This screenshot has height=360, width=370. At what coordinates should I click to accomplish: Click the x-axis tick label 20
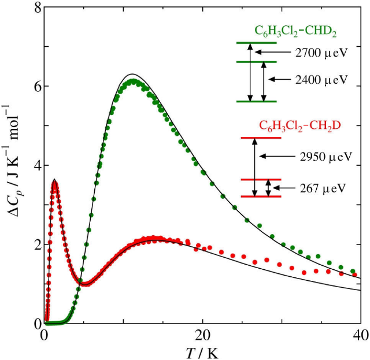point(202,336)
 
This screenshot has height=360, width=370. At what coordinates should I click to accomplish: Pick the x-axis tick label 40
point(360,336)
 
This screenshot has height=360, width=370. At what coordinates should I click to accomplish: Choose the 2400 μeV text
point(320,79)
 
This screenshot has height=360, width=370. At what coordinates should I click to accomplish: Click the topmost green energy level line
point(257,43)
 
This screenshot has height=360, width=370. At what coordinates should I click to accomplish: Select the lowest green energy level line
point(257,101)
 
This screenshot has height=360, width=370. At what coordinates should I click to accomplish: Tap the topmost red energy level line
point(260,138)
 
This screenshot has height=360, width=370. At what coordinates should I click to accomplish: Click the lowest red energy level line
point(260,197)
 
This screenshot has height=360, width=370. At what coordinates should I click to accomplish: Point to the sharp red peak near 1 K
point(54,182)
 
